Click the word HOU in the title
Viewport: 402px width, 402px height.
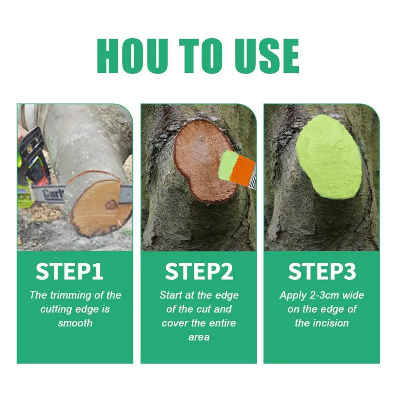[132, 56]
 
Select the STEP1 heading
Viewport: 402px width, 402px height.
[70, 272]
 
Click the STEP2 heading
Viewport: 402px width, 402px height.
[199, 272]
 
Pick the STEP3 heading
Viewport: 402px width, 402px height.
[322, 272]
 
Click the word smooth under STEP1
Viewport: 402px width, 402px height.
[75, 323]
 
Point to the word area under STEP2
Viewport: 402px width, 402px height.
[199, 337]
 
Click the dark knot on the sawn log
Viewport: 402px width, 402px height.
[111, 205]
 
